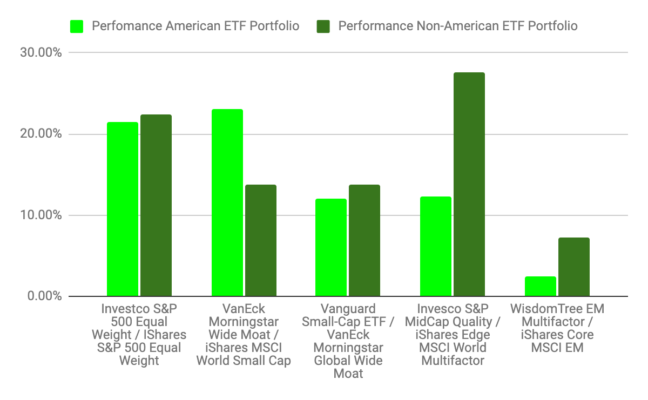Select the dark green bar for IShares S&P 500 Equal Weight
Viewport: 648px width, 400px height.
point(156,206)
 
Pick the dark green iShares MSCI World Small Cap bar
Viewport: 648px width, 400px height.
point(261,241)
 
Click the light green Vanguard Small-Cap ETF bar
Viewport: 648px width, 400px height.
point(331,248)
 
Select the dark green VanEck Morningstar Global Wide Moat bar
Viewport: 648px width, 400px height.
point(364,241)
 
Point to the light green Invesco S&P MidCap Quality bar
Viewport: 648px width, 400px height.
point(436,247)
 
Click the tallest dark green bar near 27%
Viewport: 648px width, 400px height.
point(469,185)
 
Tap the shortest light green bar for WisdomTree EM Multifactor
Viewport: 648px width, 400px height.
point(540,287)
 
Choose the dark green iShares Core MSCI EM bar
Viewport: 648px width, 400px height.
point(573,267)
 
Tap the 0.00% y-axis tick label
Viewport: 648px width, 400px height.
point(46,296)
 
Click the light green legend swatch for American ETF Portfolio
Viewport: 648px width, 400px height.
point(77,26)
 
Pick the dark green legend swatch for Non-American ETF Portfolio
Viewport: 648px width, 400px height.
point(323,26)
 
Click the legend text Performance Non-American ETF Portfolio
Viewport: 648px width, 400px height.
point(458,26)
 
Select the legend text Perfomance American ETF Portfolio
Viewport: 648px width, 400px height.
point(195,26)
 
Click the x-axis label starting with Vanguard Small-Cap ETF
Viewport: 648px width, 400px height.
point(348,341)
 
